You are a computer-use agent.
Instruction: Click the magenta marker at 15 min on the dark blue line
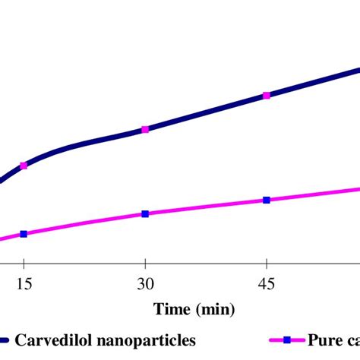coord(24,165)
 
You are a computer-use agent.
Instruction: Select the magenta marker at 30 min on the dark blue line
coord(145,129)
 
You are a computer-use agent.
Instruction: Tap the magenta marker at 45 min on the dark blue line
coord(266,95)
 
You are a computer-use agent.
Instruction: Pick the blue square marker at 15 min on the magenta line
coord(24,234)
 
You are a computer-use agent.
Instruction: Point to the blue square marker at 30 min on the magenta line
coord(145,214)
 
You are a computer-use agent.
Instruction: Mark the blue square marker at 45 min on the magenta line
coord(266,201)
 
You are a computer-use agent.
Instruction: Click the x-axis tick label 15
coord(24,285)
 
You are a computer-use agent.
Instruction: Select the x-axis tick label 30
coord(145,285)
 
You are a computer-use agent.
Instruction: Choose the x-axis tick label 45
coord(266,285)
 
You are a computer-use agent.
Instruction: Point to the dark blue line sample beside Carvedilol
coord(5,339)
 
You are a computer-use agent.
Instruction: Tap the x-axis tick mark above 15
coord(24,267)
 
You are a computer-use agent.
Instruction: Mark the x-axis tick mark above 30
coord(145,267)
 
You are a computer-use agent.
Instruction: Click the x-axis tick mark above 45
coord(266,267)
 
